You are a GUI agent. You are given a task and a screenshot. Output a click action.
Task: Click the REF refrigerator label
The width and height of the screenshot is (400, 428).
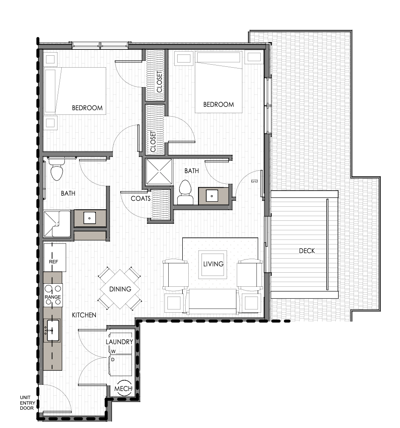point(54,262)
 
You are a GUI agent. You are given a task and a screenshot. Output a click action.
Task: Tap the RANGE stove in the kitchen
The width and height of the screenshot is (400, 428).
point(53,294)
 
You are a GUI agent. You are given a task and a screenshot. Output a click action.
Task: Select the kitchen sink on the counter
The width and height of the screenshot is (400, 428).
point(53,331)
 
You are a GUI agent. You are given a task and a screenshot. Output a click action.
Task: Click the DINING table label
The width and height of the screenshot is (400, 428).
point(120,289)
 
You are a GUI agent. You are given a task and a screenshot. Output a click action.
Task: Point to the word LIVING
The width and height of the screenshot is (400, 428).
point(213,264)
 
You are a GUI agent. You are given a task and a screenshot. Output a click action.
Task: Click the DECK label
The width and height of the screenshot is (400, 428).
point(307,251)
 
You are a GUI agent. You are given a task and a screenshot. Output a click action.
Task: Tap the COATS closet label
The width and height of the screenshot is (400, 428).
point(141,198)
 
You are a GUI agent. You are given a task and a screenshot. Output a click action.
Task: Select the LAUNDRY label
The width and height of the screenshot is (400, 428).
point(119,342)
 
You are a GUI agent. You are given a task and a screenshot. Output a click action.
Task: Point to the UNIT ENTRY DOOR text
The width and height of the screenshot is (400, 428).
point(27,402)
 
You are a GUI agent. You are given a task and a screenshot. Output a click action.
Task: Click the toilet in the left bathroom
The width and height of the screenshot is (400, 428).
point(57,170)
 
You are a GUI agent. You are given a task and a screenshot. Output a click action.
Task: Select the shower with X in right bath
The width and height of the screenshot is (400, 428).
point(159,171)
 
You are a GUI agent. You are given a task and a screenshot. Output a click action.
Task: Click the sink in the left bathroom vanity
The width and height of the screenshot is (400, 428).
point(89,218)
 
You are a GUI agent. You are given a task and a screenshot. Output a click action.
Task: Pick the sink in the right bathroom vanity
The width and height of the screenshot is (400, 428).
point(212,196)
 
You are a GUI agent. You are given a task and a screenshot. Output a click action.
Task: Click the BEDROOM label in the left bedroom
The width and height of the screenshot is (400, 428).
point(87,108)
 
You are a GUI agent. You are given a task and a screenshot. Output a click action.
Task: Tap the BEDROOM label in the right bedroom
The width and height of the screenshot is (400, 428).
point(219,104)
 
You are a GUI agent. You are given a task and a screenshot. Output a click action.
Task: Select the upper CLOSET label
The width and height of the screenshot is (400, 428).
point(159,82)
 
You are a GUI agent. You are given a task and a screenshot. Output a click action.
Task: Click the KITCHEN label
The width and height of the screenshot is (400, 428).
point(84,315)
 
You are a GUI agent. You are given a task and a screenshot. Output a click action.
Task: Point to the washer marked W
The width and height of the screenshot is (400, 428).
point(121,343)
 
